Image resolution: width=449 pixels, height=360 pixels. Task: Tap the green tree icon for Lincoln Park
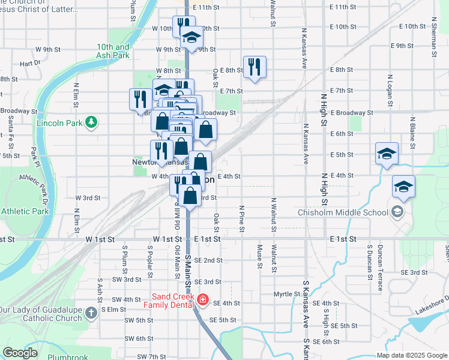coord(91,123)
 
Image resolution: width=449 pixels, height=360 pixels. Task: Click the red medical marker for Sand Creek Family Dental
coord(202,299)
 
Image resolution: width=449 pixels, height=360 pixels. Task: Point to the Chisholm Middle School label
coord(343,212)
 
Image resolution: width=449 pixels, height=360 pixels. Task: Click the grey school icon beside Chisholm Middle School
coord(397,211)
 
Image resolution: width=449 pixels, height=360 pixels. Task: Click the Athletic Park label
coord(25,211)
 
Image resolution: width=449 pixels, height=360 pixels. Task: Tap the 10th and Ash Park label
coord(113,51)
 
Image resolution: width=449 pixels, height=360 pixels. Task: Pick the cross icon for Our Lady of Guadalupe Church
coord(90,313)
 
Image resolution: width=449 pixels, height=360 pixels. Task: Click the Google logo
coord(20,353)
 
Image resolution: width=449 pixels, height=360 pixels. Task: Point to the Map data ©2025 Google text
coord(411,355)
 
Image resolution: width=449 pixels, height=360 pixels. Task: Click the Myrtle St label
coord(286,294)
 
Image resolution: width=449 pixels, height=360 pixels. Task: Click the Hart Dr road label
coord(29,62)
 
